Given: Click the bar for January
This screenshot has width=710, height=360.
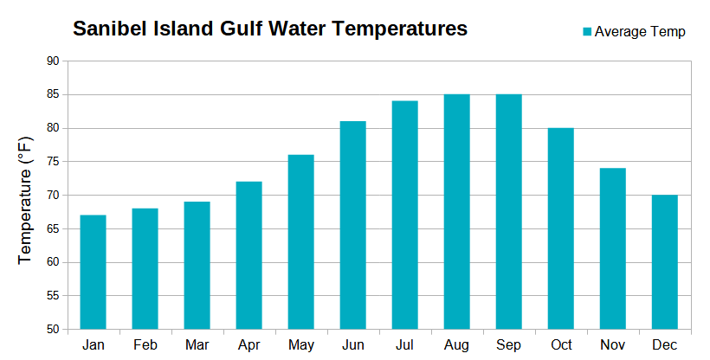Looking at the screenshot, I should pyautogui.click(x=93, y=272).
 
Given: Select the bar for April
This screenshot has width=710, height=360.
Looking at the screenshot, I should pyautogui.click(x=248, y=255).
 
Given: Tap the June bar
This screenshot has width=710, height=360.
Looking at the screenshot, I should pyautogui.click(x=352, y=225).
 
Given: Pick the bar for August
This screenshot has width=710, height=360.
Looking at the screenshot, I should pyautogui.click(x=456, y=211).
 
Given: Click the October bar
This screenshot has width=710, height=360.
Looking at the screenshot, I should pyautogui.click(x=560, y=228).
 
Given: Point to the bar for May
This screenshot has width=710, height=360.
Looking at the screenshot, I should pyautogui.click(x=300, y=241).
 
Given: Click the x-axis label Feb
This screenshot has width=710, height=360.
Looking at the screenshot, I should pyautogui.click(x=145, y=344).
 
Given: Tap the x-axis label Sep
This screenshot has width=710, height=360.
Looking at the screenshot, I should pyautogui.click(x=508, y=344).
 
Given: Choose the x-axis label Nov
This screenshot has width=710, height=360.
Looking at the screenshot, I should pyautogui.click(x=612, y=344).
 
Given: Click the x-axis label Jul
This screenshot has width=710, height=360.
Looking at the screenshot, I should pyautogui.click(x=404, y=344).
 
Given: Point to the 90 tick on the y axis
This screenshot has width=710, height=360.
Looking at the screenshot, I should pyautogui.click(x=53, y=61).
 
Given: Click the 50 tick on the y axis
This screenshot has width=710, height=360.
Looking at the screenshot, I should pyautogui.click(x=53, y=330).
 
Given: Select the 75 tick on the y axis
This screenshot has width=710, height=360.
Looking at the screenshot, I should pyautogui.click(x=53, y=162).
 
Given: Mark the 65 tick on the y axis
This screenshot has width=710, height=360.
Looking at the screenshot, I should pyautogui.click(x=53, y=229).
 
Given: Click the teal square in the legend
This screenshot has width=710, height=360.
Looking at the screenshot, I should pyautogui.click(x=586, y=32).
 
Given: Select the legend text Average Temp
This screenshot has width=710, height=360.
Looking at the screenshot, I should pyautogui.click(x=640, y=32).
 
